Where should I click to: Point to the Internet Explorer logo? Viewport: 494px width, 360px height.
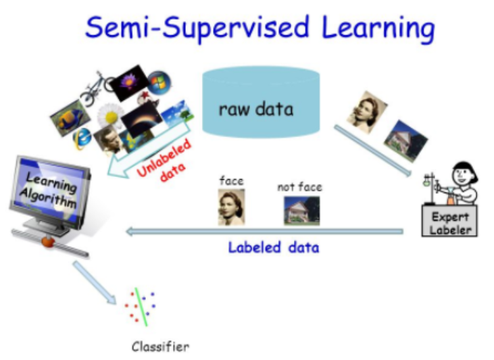pyautogui.click(x=81, y=138)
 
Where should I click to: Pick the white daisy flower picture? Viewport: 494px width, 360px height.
pyautogui.click(x=108, y=115)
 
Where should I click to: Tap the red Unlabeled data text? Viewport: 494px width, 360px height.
pyautogui.click(x=166, y=161)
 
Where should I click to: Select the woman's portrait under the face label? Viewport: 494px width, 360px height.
pyautogui.click(x=231, y=206)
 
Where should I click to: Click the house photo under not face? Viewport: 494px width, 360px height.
pyautogui.click(x=301, y=210)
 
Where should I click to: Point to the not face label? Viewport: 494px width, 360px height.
pyautogui.click(x=299, y=186)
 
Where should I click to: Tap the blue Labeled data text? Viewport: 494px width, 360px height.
pyautogui.click(x=273, y=247)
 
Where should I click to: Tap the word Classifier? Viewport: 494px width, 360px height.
pyautogui.click(x=160, y=347)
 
